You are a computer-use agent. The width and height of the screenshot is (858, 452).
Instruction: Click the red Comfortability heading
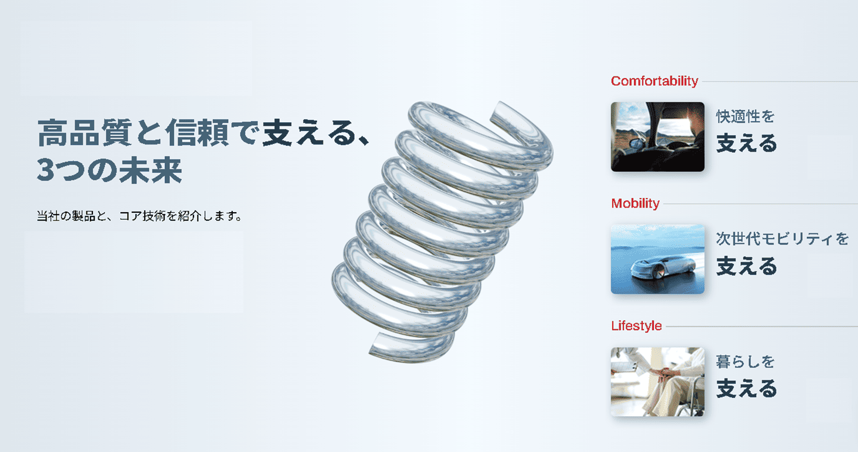654,81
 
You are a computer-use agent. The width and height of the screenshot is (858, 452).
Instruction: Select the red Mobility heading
635,203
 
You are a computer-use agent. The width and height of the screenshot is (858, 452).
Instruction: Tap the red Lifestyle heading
636,326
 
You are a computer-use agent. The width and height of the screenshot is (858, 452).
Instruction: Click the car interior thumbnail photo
657,136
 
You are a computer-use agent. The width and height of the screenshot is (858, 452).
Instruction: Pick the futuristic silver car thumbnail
657,259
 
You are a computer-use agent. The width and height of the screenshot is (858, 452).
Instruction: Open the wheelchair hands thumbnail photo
657,381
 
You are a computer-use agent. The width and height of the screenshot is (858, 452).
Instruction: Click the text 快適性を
745,116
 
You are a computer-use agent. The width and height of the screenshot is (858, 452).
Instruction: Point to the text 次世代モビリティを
782,239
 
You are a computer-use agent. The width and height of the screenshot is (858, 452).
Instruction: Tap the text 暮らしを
745,361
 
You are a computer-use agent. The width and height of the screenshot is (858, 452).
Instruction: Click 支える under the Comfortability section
746,143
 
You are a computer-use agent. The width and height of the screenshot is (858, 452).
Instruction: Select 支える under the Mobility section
746,266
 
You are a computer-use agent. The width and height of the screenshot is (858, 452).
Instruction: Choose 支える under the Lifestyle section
746,389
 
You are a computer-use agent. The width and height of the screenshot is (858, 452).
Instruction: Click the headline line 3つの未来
109,170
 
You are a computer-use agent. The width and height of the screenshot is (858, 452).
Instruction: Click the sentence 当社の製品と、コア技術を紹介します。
139,216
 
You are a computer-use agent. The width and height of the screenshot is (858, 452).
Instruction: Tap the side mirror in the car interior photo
636,143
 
